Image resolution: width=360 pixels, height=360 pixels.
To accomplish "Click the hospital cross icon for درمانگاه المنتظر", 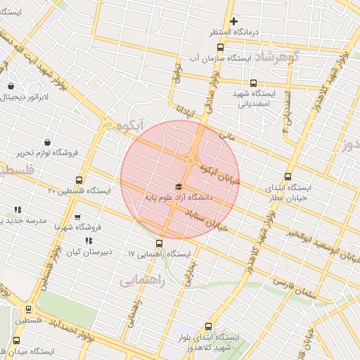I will [x=234, y=21].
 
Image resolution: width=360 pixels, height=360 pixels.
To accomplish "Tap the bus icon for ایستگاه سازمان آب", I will [x=221, y=48].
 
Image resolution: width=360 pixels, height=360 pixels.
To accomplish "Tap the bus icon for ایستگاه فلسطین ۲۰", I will [x=79, y=179].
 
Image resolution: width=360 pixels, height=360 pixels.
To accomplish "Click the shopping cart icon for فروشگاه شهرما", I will [x=77, y=217].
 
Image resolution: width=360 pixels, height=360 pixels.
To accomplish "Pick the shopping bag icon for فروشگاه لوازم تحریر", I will [x=47, y=142].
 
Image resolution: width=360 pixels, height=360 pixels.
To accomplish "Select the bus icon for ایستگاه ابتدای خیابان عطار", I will [x=287, y=177].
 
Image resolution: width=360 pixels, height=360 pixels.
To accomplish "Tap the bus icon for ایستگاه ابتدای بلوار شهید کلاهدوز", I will [x=207, y=326].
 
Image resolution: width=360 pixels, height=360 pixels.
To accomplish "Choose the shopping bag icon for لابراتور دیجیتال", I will [x=11, y=86].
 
